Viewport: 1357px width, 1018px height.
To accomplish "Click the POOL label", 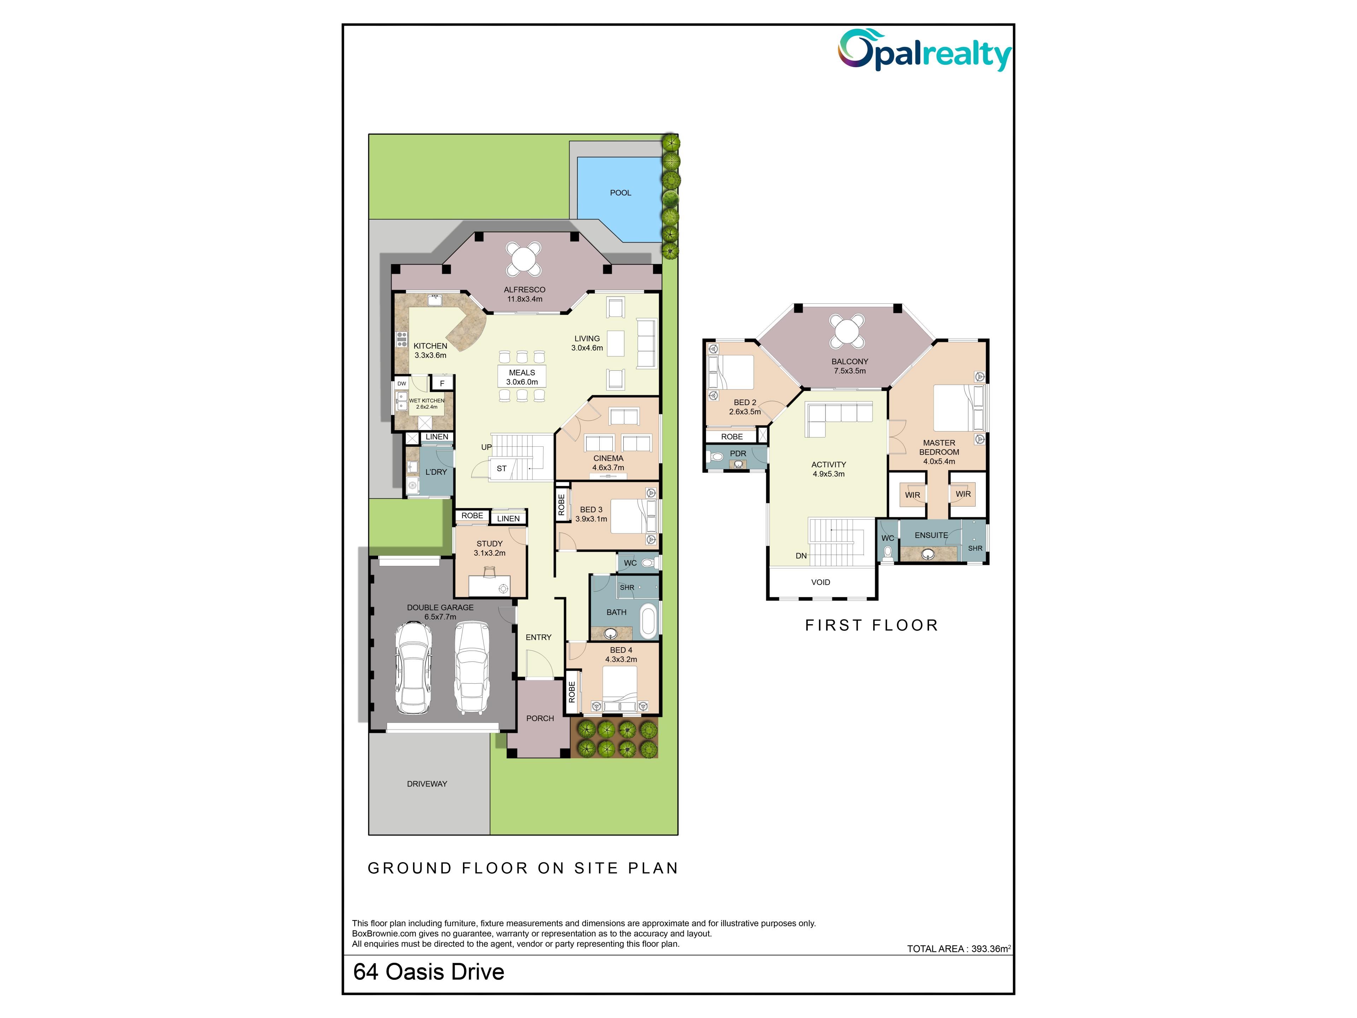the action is pyautogui.click(x=620, y=193).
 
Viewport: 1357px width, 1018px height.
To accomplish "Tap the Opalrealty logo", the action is pyautogui.click(x=925, y=50).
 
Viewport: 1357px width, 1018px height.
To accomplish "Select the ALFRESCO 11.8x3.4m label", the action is pyautogui.click(x=524, y=294).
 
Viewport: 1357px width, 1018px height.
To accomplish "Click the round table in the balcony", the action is pyautogui.click(x=847, y=331).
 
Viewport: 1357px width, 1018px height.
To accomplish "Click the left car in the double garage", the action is pyautogui.click(x=413, y=668).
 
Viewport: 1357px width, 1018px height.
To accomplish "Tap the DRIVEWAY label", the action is pyautogui.click(x=427, y=784).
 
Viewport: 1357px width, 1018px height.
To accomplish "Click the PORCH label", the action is pyautogui.click(x=540, y=718).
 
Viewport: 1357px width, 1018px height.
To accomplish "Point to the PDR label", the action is pyautogui.click(x=738, y=454).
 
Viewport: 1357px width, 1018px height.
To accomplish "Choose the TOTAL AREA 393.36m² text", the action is pyautogui.click(x=959, y=948).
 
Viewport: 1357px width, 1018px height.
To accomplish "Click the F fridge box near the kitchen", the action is pyautogui.click(x=442, y=383).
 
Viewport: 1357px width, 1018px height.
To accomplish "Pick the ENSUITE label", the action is pyautogui.click(x=931, y=535).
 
